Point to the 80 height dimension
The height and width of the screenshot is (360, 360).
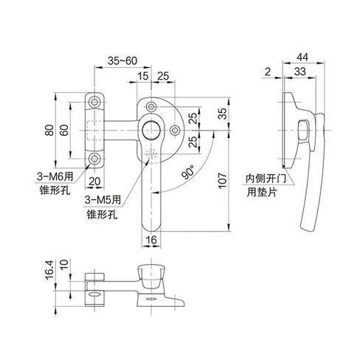click(49, 129)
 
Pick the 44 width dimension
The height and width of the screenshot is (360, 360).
click(303, 57)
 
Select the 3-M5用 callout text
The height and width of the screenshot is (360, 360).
click(103, 201)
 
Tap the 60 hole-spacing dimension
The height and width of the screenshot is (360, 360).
click(63, 129)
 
